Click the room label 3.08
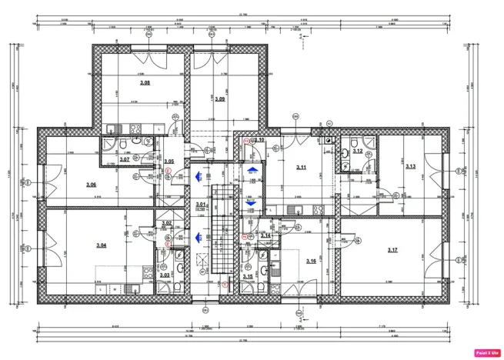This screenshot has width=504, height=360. [x=144, y=82]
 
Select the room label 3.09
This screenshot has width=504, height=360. [x=219, y=99]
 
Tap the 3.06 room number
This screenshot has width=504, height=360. [x=91, y=185]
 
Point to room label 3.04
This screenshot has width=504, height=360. [x=101, y=245]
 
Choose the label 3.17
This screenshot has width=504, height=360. [x=392, y=250]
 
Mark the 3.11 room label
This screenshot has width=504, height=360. [x=302, y=167]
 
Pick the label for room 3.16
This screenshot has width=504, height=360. [x=311, y=262]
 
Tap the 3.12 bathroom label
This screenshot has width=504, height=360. [x=357, y=152]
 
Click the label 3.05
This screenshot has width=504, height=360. [x=169, y=162]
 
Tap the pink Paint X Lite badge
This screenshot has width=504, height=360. [x=486, y=352]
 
